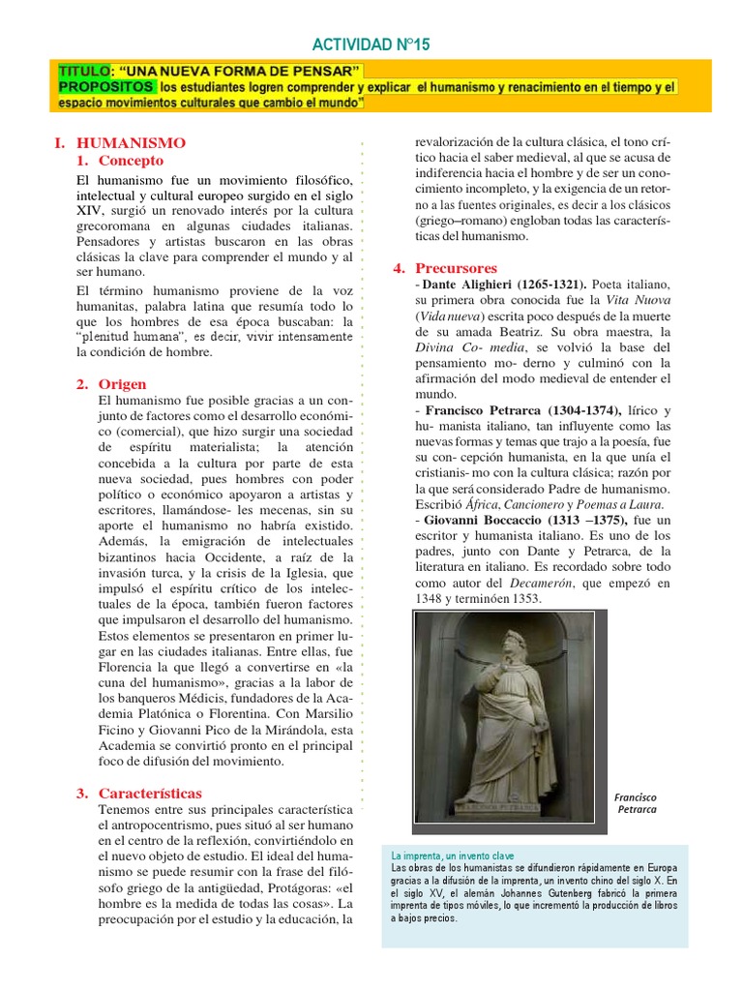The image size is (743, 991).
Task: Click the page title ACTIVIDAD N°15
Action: tap(371, 45)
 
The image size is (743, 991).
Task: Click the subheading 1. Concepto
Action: tap(121, 161)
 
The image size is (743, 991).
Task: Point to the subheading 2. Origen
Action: tap(111, 384)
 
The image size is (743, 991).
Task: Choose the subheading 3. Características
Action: tap(139, 793)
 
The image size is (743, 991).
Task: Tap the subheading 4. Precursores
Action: tap(444, 267)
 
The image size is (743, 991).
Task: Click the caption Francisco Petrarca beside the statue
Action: tap(636, 802)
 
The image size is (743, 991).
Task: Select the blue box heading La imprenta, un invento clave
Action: tap(453, 856)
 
